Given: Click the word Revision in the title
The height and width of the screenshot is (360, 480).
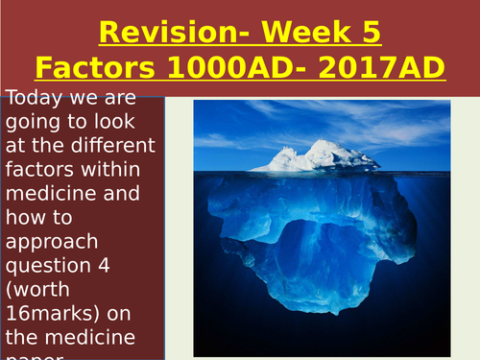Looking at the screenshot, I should point(159,33).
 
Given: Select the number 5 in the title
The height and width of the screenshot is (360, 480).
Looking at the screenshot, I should point(370,33).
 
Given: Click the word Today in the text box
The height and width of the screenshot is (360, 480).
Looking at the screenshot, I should point(34,97).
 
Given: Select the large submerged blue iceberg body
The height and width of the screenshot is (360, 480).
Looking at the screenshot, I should point(318,240).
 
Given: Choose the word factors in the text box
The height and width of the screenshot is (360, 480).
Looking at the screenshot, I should point(36,172).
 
